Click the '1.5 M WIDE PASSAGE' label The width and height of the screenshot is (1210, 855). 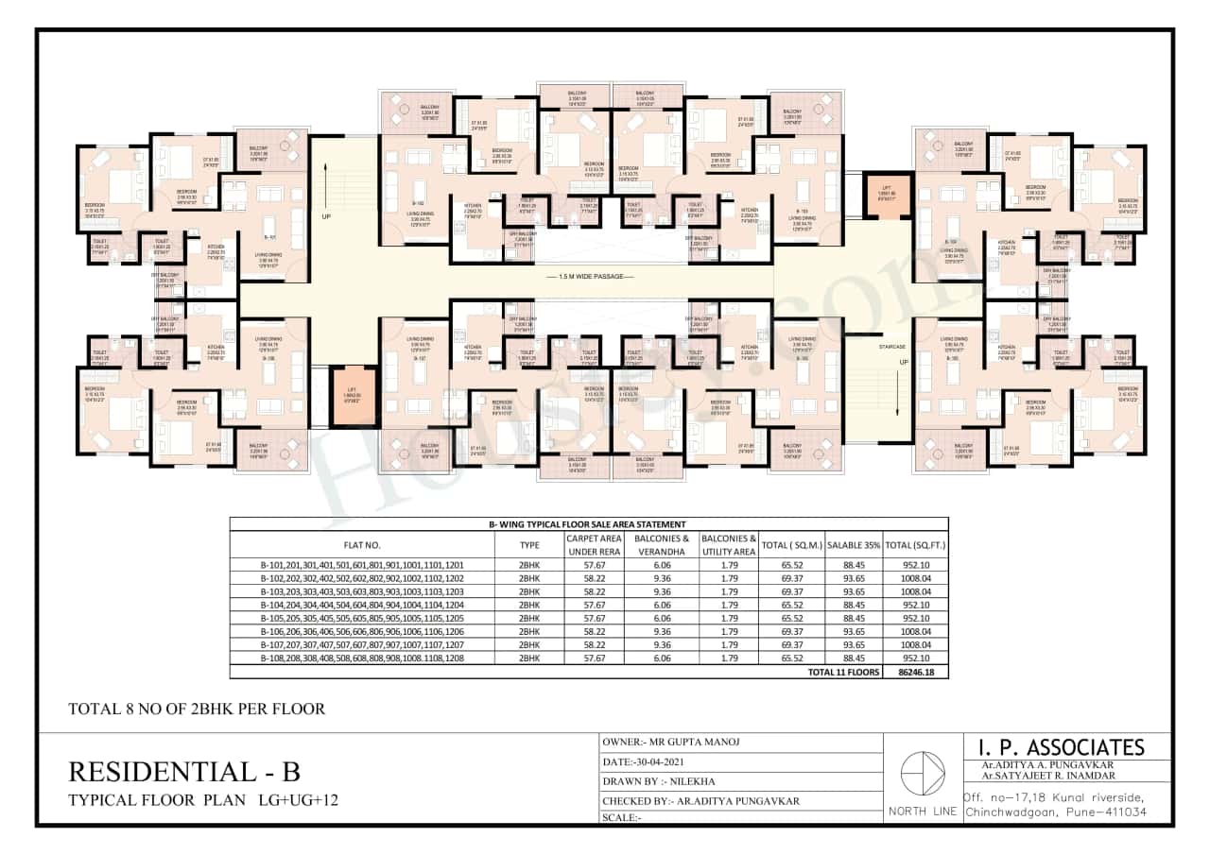pos(596,276)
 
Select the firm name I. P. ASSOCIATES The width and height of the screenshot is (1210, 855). pos(1054,746)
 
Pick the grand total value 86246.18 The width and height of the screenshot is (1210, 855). pos(915,672)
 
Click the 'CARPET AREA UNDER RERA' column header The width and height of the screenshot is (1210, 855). pos(593,544)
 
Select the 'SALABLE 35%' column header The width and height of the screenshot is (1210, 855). pos(854,545)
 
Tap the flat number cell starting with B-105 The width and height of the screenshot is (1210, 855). pos(362,618)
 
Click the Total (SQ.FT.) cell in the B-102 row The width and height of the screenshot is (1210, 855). pos(915,577)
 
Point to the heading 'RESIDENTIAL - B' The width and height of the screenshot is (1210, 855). pos(184,771)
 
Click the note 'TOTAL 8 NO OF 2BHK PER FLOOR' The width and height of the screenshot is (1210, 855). pos(197,708)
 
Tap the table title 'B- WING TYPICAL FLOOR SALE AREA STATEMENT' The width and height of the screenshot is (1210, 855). pos(588,524)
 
